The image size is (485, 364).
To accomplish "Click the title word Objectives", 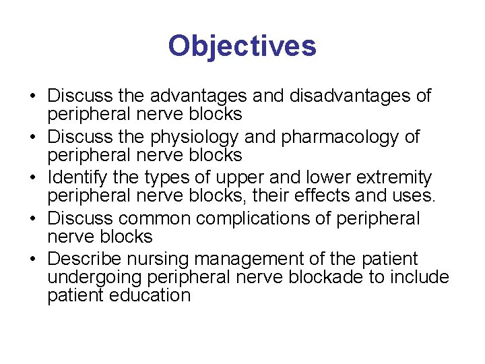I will (x=242, y=47).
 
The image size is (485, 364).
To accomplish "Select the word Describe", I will (x=83, y=259).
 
